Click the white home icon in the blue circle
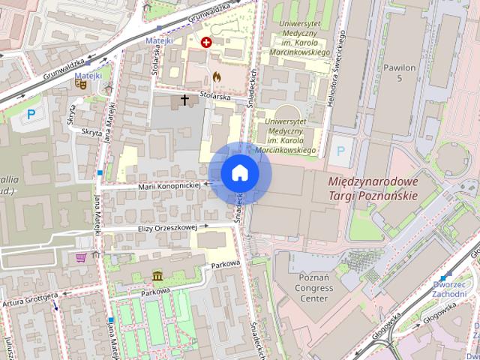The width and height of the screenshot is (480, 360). (239, 173)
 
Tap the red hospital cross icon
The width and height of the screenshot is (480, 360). (205, 43)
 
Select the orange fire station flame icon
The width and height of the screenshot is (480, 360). (217, 76)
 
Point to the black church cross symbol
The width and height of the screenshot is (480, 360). (184, 100)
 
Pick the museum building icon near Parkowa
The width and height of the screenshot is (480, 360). (157, 275)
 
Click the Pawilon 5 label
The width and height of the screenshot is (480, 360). (400, 72)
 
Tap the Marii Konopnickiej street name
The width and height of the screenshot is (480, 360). (169, 184)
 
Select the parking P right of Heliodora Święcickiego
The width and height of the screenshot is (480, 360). (341, 151)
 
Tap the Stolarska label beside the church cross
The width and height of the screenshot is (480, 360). (214, 97)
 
